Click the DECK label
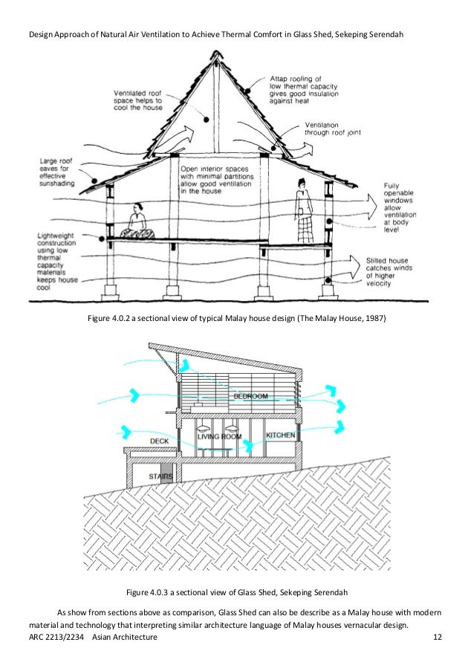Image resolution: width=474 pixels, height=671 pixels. [x=159, y=441]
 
